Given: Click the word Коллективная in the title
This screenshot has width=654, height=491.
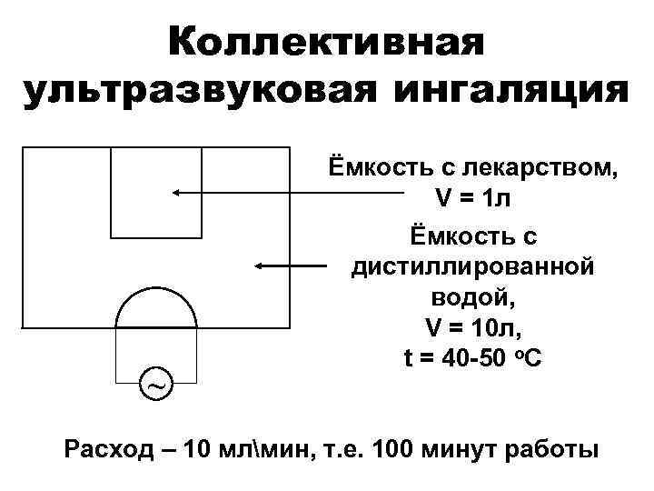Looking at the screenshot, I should (x=326, y=42).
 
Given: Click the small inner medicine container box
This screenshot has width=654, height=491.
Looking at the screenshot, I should (x=155, y=192).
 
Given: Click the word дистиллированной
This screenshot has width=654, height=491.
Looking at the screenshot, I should (x=472, y=266).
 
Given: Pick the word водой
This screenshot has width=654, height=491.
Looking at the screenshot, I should (x=471, y=296).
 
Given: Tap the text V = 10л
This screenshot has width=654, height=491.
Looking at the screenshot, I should (x=471, y=326).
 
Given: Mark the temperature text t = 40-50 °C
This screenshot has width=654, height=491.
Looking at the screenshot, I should (x=471, y=357).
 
